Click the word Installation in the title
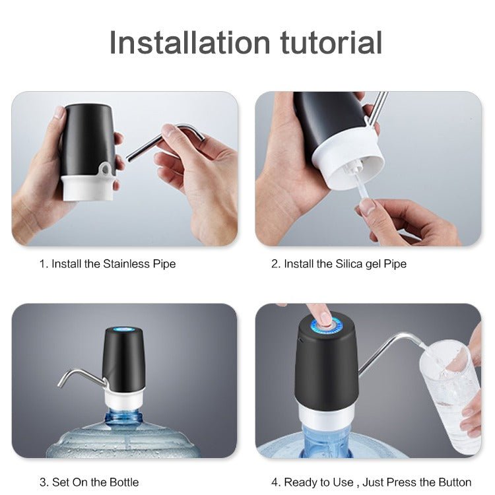click(x=189, y=43)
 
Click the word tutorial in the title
click(x=331, y=43)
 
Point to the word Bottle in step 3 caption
click(x=124, y=482)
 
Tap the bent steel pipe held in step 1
click(x=164, y=142)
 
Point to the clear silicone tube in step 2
click(x=363, y=186)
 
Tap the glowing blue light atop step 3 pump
click(x=124, y=329)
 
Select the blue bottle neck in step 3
click(x=123, y=417)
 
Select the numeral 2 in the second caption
click(x=274, y=263)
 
